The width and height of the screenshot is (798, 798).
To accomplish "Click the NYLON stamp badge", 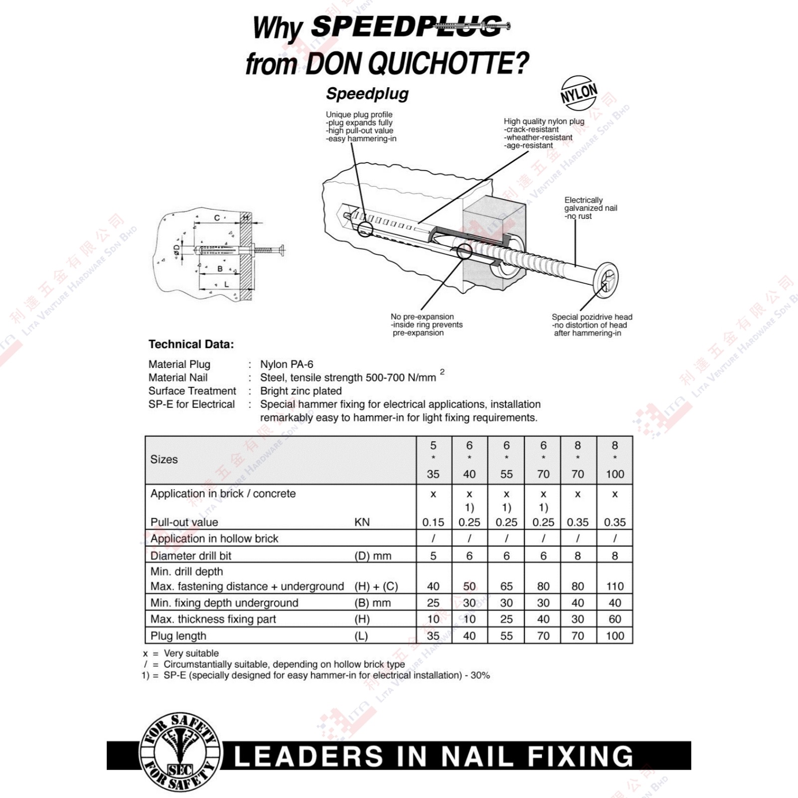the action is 579,93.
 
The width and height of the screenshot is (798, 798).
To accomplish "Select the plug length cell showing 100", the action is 615,636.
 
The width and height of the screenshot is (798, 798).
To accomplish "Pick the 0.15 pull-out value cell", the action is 433,522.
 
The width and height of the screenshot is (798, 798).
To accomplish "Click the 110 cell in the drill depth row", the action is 615,586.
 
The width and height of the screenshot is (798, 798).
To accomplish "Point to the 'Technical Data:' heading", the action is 191,344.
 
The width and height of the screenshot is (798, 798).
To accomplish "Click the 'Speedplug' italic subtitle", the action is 367,94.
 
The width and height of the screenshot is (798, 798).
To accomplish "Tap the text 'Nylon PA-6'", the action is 287,364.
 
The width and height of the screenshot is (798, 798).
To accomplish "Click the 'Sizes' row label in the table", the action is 164,459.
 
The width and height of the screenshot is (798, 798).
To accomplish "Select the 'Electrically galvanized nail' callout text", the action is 591,208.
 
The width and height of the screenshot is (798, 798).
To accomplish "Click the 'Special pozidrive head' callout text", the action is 592,325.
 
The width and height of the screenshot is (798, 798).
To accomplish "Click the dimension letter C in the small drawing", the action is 217,218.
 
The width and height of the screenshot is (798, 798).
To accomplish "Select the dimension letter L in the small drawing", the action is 226,285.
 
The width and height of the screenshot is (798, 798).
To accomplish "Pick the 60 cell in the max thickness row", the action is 615,619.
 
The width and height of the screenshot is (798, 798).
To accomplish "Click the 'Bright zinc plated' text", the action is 301,391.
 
